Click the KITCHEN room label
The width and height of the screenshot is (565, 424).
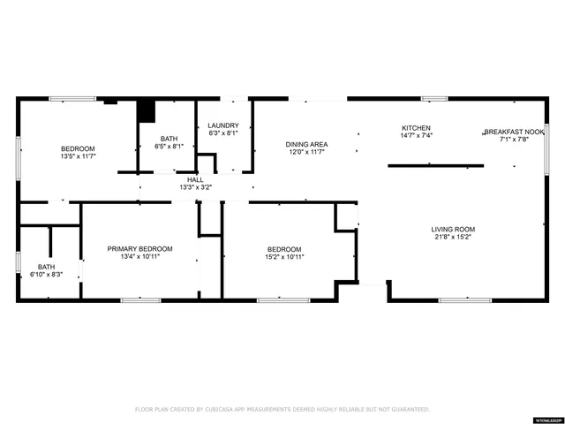tap(417, 127)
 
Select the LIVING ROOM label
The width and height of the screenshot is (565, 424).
tap(453, 229)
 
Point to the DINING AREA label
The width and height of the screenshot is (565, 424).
tap(306, 144)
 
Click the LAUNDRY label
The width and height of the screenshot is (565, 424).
tap(223, 125)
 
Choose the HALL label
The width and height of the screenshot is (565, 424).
tap(195, 179)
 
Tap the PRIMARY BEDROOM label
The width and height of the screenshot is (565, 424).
tap(139, 249)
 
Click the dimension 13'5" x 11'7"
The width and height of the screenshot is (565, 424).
tap(78, 156)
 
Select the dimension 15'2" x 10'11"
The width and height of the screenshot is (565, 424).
tap(284, 257)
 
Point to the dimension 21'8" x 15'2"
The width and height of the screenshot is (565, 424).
tap(453, 237)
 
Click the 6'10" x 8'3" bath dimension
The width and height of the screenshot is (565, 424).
tap(46, 275)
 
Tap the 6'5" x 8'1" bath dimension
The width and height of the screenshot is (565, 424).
tap(169, 147)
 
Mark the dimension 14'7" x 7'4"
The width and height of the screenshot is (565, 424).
tap(417, 135)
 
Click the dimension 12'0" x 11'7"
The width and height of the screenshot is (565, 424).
tap(306, 152)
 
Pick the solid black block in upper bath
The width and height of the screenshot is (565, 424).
tap(146, 113)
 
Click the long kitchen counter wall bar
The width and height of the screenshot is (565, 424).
tap(436, 164)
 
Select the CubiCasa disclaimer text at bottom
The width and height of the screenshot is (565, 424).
tap(282, 409)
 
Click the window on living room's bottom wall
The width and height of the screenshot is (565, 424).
tap(465, 300)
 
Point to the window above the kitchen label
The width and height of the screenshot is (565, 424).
tap(433, 99)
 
